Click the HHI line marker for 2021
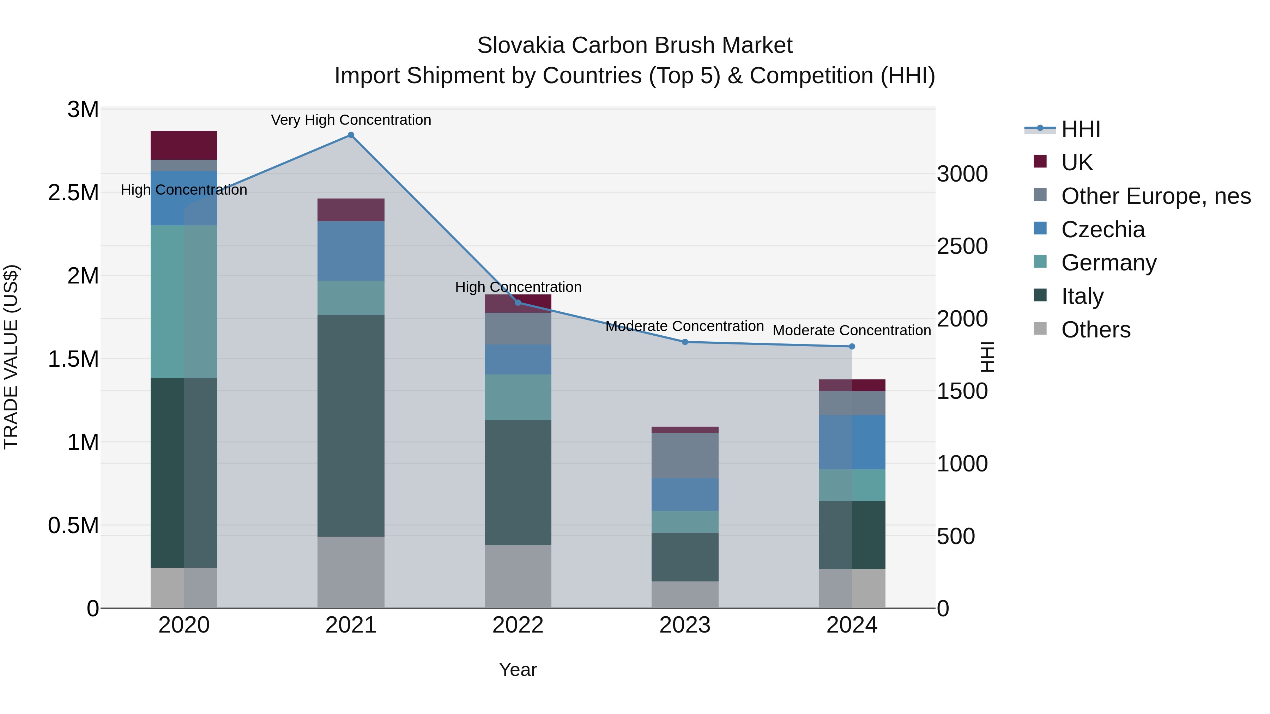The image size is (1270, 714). click(351, 135)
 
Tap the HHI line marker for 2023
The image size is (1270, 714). click(685, 342)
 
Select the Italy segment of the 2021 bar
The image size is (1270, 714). click(351, 426)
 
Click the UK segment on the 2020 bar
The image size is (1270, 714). click(184, 145)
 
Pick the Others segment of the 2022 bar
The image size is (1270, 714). click(518, 576)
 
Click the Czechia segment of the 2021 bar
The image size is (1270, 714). click(351, 251)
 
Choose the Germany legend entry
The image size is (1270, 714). click(1108, 263)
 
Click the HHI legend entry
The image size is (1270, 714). click(1080, 129)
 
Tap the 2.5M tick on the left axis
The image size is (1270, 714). click(73, 193)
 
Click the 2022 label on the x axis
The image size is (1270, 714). click(518, 625)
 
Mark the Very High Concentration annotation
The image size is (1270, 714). click(351, 120)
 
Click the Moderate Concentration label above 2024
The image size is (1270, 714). click(852, 330)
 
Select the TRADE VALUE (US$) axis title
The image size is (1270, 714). click(11, 357)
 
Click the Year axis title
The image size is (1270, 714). click(518, 670)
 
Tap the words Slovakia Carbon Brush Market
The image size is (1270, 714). click(635, 45)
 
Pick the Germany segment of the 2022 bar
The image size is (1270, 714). click(518, 397)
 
